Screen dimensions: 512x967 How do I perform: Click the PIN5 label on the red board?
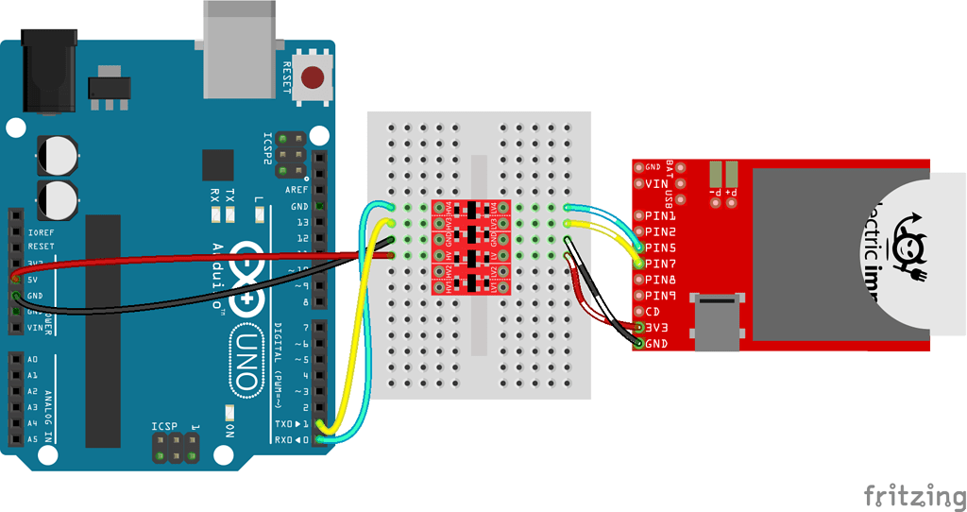point(661,247)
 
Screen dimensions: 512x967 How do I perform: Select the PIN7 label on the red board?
point(661,264)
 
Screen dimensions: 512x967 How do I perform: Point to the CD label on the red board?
point(653,312)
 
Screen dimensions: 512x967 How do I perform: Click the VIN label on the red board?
point(657,183)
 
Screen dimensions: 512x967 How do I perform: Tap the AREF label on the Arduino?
point(297,190)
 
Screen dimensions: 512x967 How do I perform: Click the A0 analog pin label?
point(32,360)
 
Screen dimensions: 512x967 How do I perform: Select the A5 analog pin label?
point(32,439)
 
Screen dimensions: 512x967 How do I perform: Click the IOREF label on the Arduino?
point(42,231)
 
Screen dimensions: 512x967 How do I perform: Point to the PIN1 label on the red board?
point(661,215)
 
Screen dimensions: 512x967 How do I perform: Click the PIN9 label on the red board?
point(661,296)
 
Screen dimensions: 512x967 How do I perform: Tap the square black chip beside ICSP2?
point(218,164)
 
